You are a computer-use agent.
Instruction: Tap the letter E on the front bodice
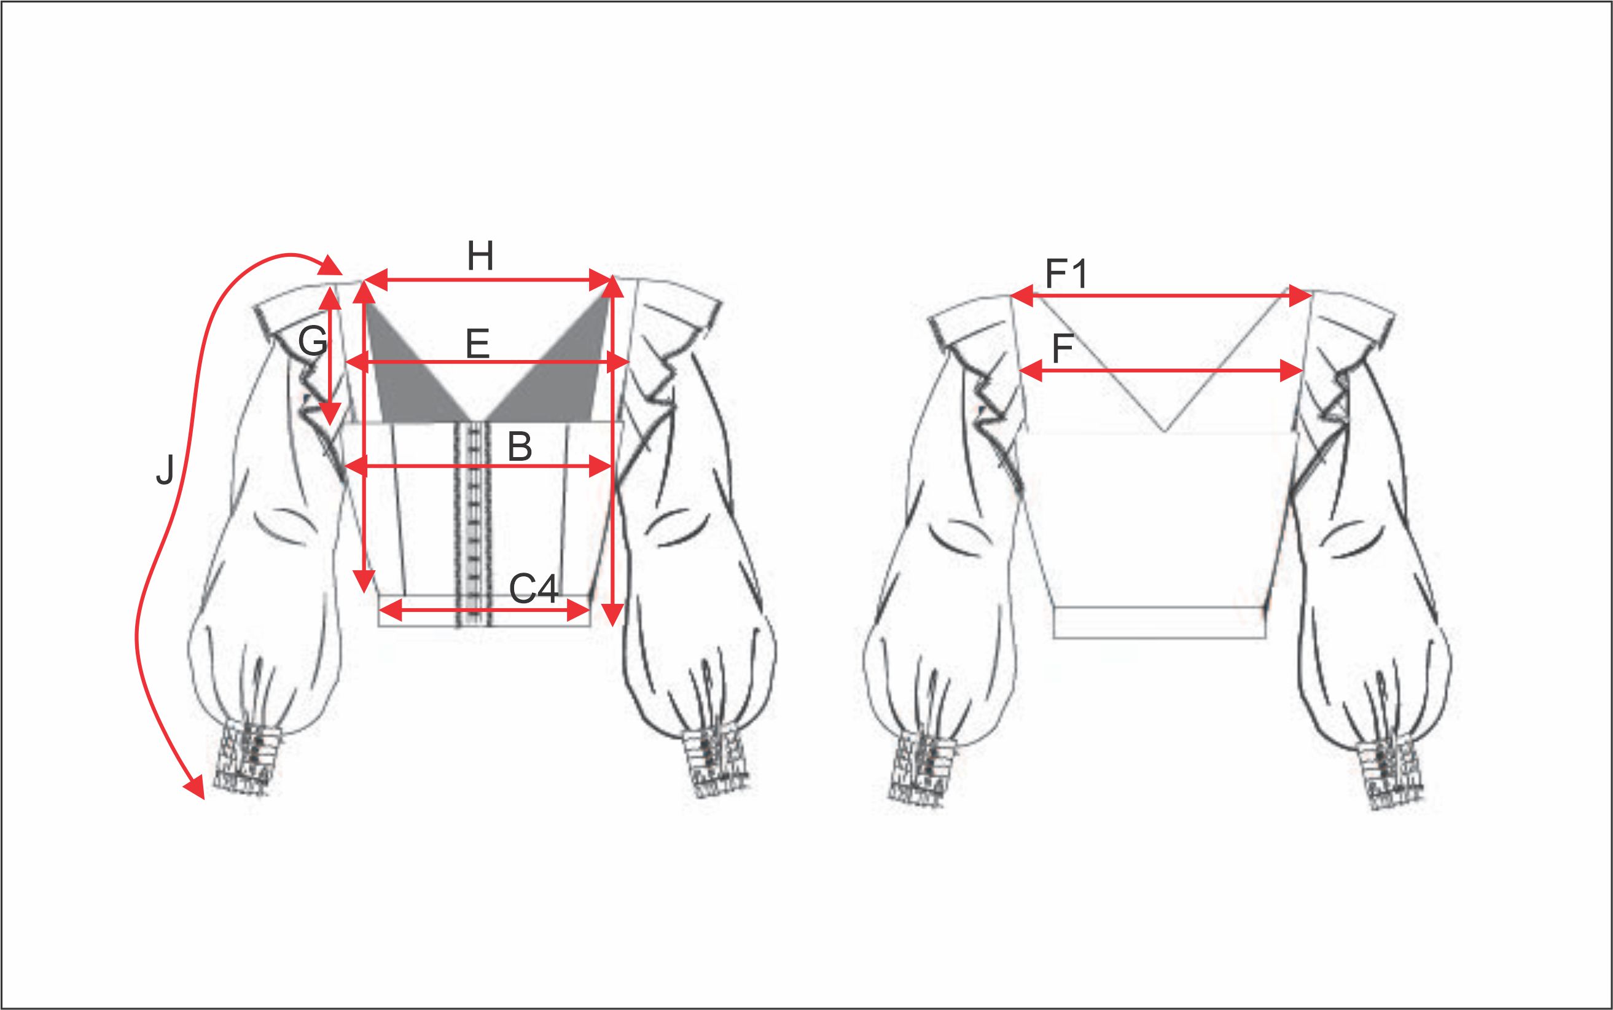coord(477,345)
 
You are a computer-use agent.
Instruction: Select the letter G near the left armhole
coord(313,342)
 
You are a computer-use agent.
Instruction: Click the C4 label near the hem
coord(533,589)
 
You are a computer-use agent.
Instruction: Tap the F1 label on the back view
coord(1067,274)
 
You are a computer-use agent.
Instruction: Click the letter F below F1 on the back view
coord(1063,349)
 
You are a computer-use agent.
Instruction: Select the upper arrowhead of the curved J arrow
coord(331,265)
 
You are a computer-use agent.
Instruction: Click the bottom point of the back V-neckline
coord(1164,431)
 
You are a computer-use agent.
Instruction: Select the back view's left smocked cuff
coord(924,766)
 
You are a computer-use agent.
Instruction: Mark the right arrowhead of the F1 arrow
coord(1300,296)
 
